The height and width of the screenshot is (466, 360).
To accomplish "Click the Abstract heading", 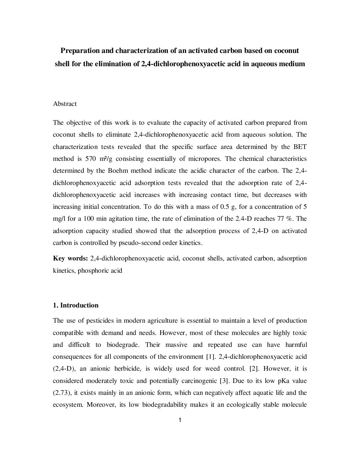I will (x=65, y=104).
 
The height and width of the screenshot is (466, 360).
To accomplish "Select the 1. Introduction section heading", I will (x=76, y=305).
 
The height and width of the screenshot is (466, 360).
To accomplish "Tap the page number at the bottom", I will (x=180, y=420).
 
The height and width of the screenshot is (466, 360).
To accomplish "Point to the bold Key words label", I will (x=70, y=258).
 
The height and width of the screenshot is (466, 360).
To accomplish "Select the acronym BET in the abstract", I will (x=300, y=147).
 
